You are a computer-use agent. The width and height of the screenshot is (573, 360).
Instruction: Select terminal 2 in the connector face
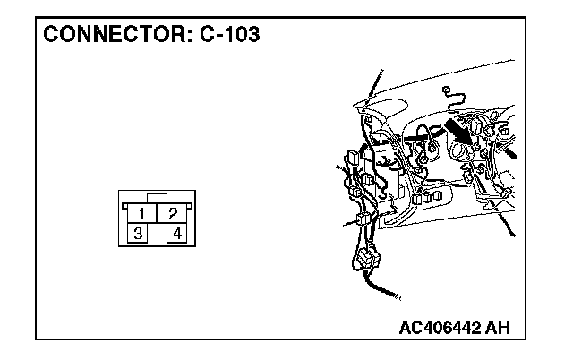click(173, 214)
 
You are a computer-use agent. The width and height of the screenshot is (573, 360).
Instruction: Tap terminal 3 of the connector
click(138, 234)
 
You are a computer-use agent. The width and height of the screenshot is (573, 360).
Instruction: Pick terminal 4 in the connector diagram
click(177, 234)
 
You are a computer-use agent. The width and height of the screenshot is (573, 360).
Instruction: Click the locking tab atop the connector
click(158, 197)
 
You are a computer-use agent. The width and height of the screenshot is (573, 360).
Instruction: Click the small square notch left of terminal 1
click(124, 205)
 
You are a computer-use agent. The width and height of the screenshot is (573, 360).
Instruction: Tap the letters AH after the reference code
click(498, 328)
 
